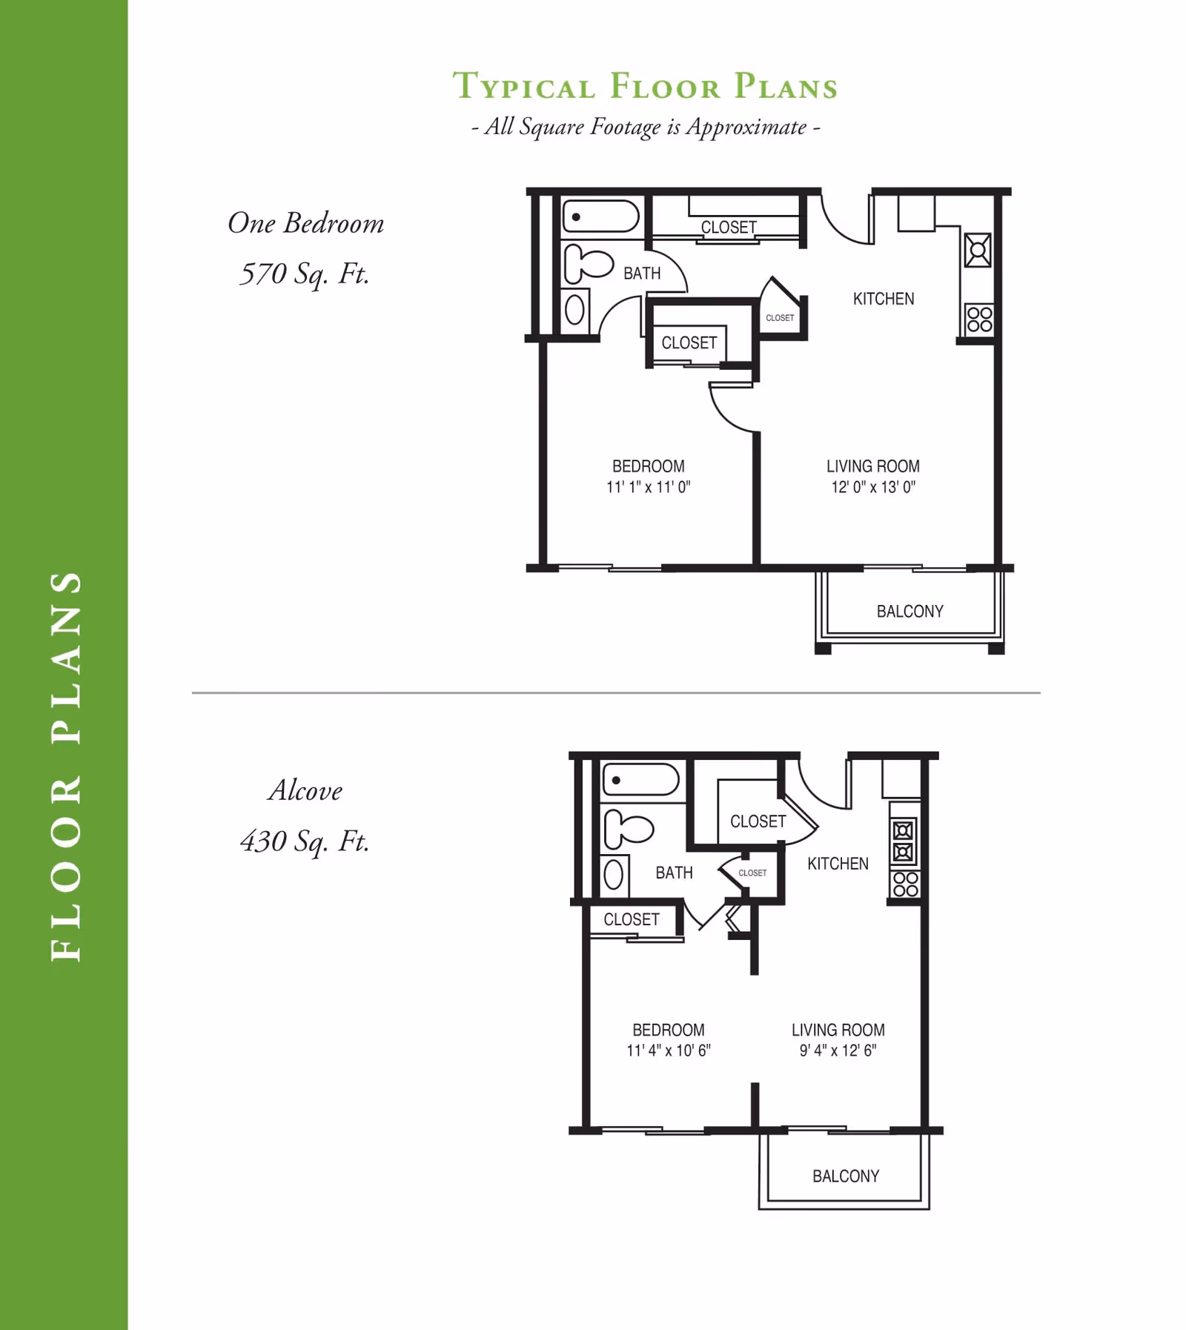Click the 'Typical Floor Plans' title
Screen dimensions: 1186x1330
click(x=645, y=86)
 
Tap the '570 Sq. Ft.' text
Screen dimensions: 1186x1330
click(x=305, y=274)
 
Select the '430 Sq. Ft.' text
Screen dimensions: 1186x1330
click(x=305, y=841)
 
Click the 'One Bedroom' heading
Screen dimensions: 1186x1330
click(x=305, y=223)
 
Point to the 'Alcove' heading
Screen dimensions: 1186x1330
click(x=305, y=790)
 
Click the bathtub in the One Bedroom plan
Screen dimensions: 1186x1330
click(x=601, y=217)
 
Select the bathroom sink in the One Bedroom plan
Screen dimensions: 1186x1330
click(x=575, y=310)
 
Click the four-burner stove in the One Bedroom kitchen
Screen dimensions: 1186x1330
click(x=979, y=320)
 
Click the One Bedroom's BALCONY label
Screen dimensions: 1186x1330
click(x=910, y=612)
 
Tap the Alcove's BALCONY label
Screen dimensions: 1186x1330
click(x=846, y=1177)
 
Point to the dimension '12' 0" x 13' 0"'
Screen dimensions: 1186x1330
click(x=873, y=487)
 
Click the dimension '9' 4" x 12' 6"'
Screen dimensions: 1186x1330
click(x=838, y=1051)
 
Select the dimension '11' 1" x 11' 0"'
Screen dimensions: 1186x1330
click(x=649, y=487)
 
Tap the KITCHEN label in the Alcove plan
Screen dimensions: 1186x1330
click(x=838, y=864)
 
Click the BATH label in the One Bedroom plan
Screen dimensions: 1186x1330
click(x=642, y=274)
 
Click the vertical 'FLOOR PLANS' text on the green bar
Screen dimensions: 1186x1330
click(x=66, y=766)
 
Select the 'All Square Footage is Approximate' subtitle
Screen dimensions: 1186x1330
click(x=646, y=127)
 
